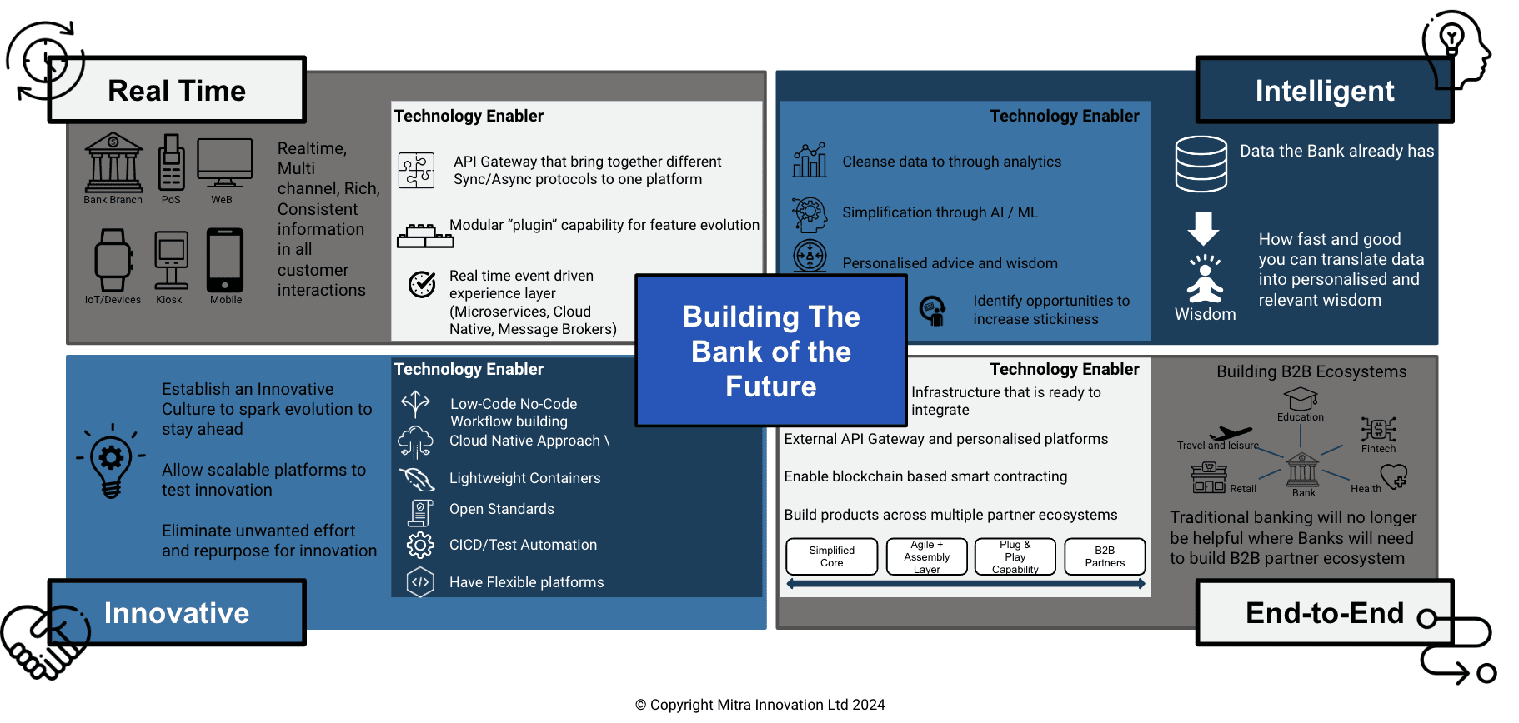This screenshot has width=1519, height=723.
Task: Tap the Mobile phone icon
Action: (x=225, y=260)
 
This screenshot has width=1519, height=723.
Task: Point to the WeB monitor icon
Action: (x=224, y=163)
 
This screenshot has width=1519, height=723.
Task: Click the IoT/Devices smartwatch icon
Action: (x=113, y=260)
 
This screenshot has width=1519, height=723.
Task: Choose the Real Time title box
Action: (x=177, y=90)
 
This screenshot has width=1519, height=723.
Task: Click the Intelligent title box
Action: (x=1324, y=90)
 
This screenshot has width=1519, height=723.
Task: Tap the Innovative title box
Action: (x=177, y=613)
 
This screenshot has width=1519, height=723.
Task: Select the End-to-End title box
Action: (x=1324, y=613)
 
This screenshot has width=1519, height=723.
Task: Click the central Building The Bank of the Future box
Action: (x=770, y=351)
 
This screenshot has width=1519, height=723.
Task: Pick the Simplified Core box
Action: (x=831, y=556)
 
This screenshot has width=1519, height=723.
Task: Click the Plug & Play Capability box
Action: (x=1015, y=556)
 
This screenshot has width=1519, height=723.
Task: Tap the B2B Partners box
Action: (x=1105, y=556)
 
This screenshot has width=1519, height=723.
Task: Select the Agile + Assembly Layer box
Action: (x=926, y=556)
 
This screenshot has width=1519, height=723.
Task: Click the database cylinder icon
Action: (x=1201, y=164)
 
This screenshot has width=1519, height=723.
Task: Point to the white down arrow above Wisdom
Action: (x=1203, y=227)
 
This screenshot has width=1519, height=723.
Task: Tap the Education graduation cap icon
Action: (x=1300, y=399)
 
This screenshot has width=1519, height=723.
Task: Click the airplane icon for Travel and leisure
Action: (x=1231, y=433)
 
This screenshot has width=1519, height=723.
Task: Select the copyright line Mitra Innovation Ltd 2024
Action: (x=759, y=705)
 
